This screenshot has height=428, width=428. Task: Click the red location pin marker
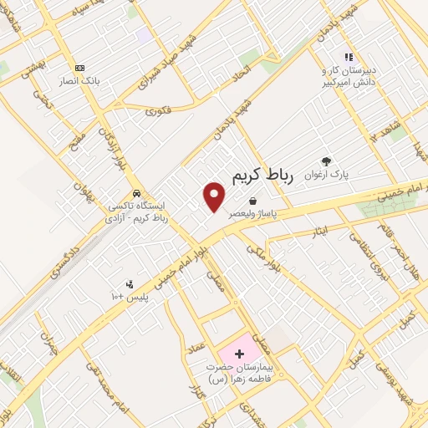tap(215, 196)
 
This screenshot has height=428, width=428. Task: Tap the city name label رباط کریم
tap(268, 175)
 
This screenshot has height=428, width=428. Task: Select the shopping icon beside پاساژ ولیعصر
tap(252, 201)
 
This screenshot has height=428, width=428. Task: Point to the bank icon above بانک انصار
tap(80, 68)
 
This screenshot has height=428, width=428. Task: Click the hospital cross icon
tap(241, 354)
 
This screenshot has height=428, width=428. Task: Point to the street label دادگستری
tap(65, 257)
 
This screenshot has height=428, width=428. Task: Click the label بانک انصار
tap(80, 81)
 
